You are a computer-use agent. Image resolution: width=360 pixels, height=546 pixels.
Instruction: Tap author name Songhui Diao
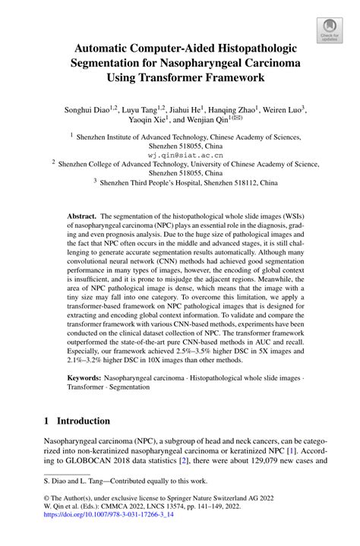point(81,109)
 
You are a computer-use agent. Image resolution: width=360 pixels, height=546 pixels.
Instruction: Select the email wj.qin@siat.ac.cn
point(180,153)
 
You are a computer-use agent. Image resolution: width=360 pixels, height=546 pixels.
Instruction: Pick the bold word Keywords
point(86,376)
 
